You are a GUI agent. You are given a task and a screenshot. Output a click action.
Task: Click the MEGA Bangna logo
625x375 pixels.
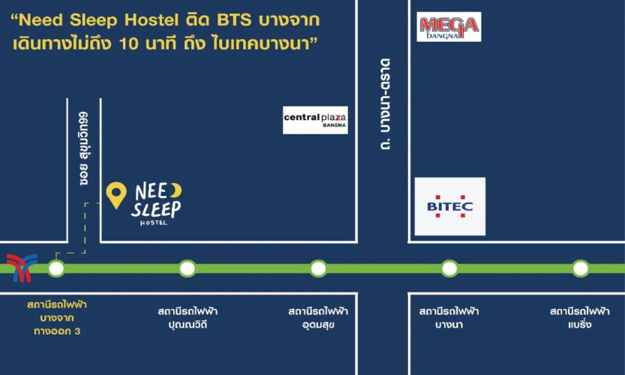[x=449, y=27]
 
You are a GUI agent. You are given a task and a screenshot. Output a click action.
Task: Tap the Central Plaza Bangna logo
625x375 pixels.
[x=315, y=120]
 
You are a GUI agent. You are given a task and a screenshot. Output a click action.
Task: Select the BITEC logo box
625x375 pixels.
[x=450, y=206]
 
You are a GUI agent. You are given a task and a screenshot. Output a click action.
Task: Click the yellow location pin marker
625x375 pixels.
[x=116, y=195]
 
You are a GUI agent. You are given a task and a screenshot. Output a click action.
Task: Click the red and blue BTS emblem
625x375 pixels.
[x=22, y=268]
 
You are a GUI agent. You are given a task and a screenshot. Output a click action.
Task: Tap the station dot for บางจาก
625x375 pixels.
[x=56, y=268]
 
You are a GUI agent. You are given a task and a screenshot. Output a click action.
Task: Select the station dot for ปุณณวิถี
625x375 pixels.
[x=188, y=268]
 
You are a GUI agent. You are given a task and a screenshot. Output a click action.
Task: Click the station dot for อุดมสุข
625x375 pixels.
[x=318, y=268]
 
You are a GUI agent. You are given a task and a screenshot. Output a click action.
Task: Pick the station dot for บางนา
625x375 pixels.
[x=449, y=268]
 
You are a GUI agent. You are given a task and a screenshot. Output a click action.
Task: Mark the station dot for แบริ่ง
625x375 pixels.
[x=581, y=268]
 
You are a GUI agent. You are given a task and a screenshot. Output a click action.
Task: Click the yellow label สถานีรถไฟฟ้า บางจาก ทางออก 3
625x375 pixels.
[x=57, y=317]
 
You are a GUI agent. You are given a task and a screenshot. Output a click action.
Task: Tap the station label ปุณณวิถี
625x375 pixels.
[x=188, y=324]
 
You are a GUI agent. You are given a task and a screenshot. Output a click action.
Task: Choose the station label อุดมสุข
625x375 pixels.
[x=318, y=325]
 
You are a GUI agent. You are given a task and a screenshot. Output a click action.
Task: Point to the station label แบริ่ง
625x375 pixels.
[x=580, y=324]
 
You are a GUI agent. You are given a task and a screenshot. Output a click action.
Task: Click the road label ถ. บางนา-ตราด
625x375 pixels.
[x=385, y=104]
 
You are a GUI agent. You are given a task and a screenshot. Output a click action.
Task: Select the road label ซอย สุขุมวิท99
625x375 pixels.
[x=83, y=148]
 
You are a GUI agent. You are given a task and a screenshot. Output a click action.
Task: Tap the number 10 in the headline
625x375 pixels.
[x=128, y=43]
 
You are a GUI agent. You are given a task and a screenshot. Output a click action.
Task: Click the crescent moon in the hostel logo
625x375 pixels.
[x=176, y=190]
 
